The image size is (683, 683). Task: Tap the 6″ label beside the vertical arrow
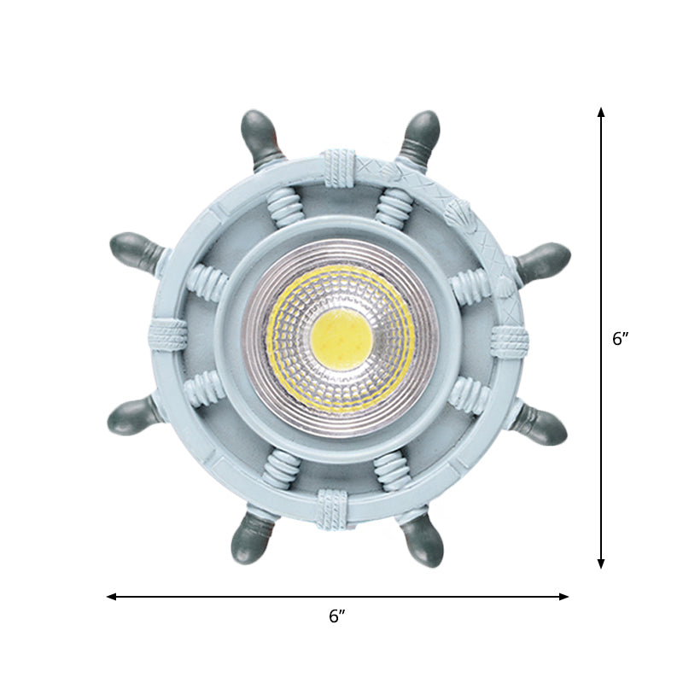(x=621, y=338)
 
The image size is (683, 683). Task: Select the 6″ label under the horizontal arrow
(x=337, y=616)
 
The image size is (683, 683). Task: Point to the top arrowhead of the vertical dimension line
(x=601, y=112)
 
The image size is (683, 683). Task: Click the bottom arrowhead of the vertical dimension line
(x=601, y=563)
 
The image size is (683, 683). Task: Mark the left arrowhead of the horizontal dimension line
(x=112, y=596)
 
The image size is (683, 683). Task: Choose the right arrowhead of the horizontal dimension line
(x=563, y=596)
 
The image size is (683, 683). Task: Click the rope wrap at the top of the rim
(x=338, y=168)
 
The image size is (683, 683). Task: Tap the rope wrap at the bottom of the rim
(x=333, y=507)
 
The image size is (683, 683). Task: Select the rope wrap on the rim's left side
(x=167, y=335)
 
